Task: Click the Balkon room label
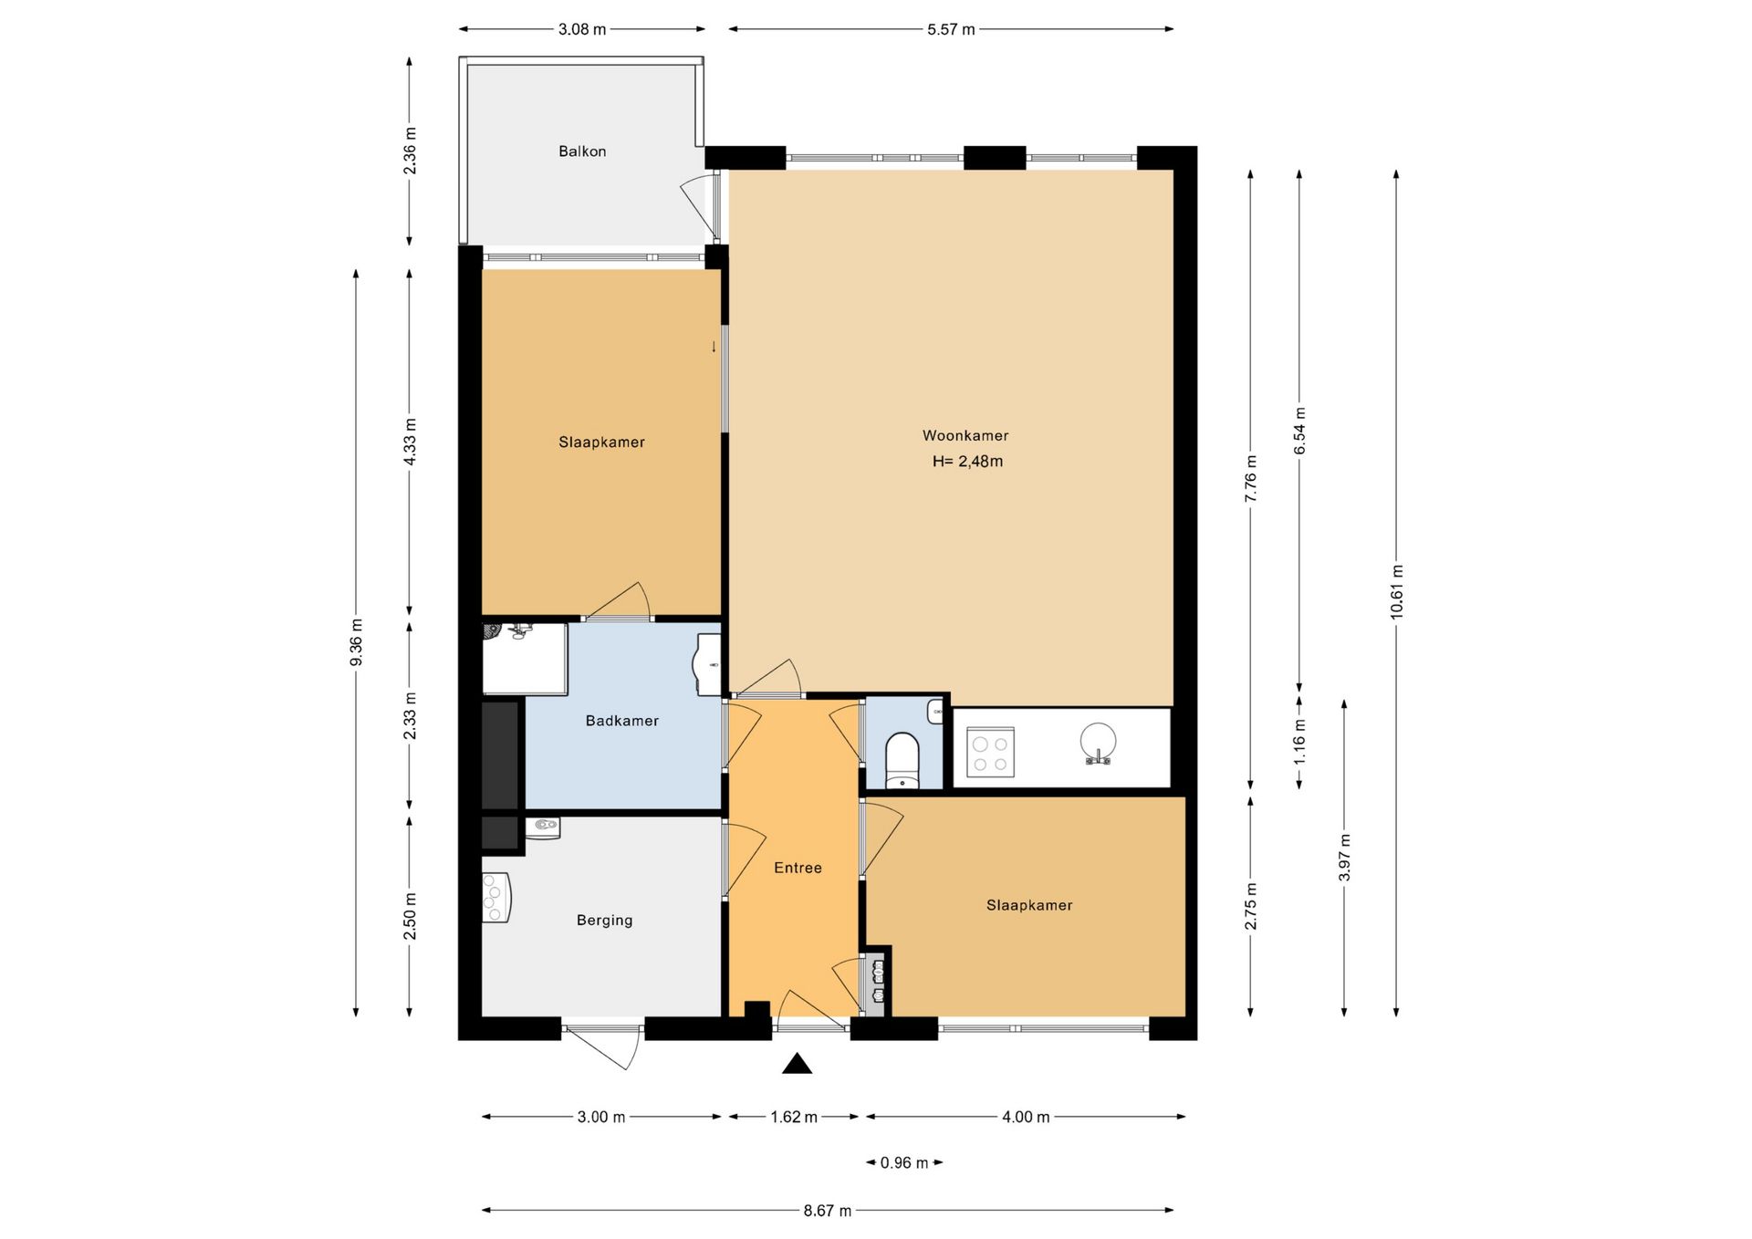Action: pos(582,151)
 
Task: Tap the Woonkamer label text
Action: pos(965,436)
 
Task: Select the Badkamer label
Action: pos(622,721)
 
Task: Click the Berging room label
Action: pos(604,921)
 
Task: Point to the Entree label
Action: pos(798,868)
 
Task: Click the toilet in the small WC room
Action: pos(902,760)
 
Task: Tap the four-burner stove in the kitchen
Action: pos(990,752)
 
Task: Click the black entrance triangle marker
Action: pos(797,1063)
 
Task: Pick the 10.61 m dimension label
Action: pos(1396,592)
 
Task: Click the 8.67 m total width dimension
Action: pos(828,1211)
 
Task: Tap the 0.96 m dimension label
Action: pos(904,1162)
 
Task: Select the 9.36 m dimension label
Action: pos(357,642)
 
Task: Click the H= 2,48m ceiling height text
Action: pos(967,462)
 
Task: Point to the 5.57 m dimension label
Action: pos(951,29)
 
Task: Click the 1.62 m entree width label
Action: pos(794,1117)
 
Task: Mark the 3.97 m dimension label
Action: pos(1344,858)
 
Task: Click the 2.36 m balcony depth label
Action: pos(410,151)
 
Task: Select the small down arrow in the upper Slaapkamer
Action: pos(714,347)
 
